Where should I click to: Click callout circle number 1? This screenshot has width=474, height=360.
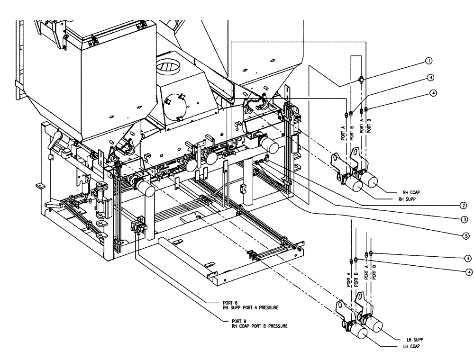pos(428,61)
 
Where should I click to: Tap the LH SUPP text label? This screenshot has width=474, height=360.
pos(415,340)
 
